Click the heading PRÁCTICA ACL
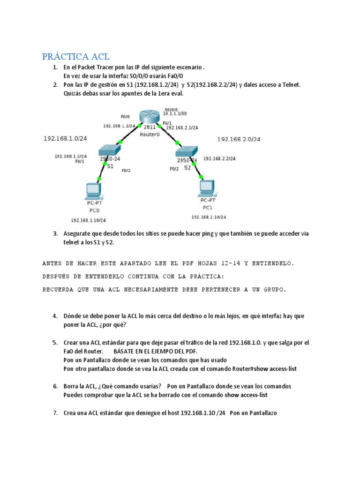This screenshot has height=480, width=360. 75,57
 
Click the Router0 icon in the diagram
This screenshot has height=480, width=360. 150,118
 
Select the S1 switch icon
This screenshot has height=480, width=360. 111,151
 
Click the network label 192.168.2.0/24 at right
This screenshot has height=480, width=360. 239,139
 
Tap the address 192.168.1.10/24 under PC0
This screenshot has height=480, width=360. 89,220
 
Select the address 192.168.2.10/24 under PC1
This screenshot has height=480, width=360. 209,217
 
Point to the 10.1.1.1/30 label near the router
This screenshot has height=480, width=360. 174,114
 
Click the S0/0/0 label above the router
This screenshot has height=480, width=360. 171,109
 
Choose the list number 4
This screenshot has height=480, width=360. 55,316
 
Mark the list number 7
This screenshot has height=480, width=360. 55,413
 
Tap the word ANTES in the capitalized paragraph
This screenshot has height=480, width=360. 52,263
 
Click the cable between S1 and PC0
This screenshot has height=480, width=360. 103,171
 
